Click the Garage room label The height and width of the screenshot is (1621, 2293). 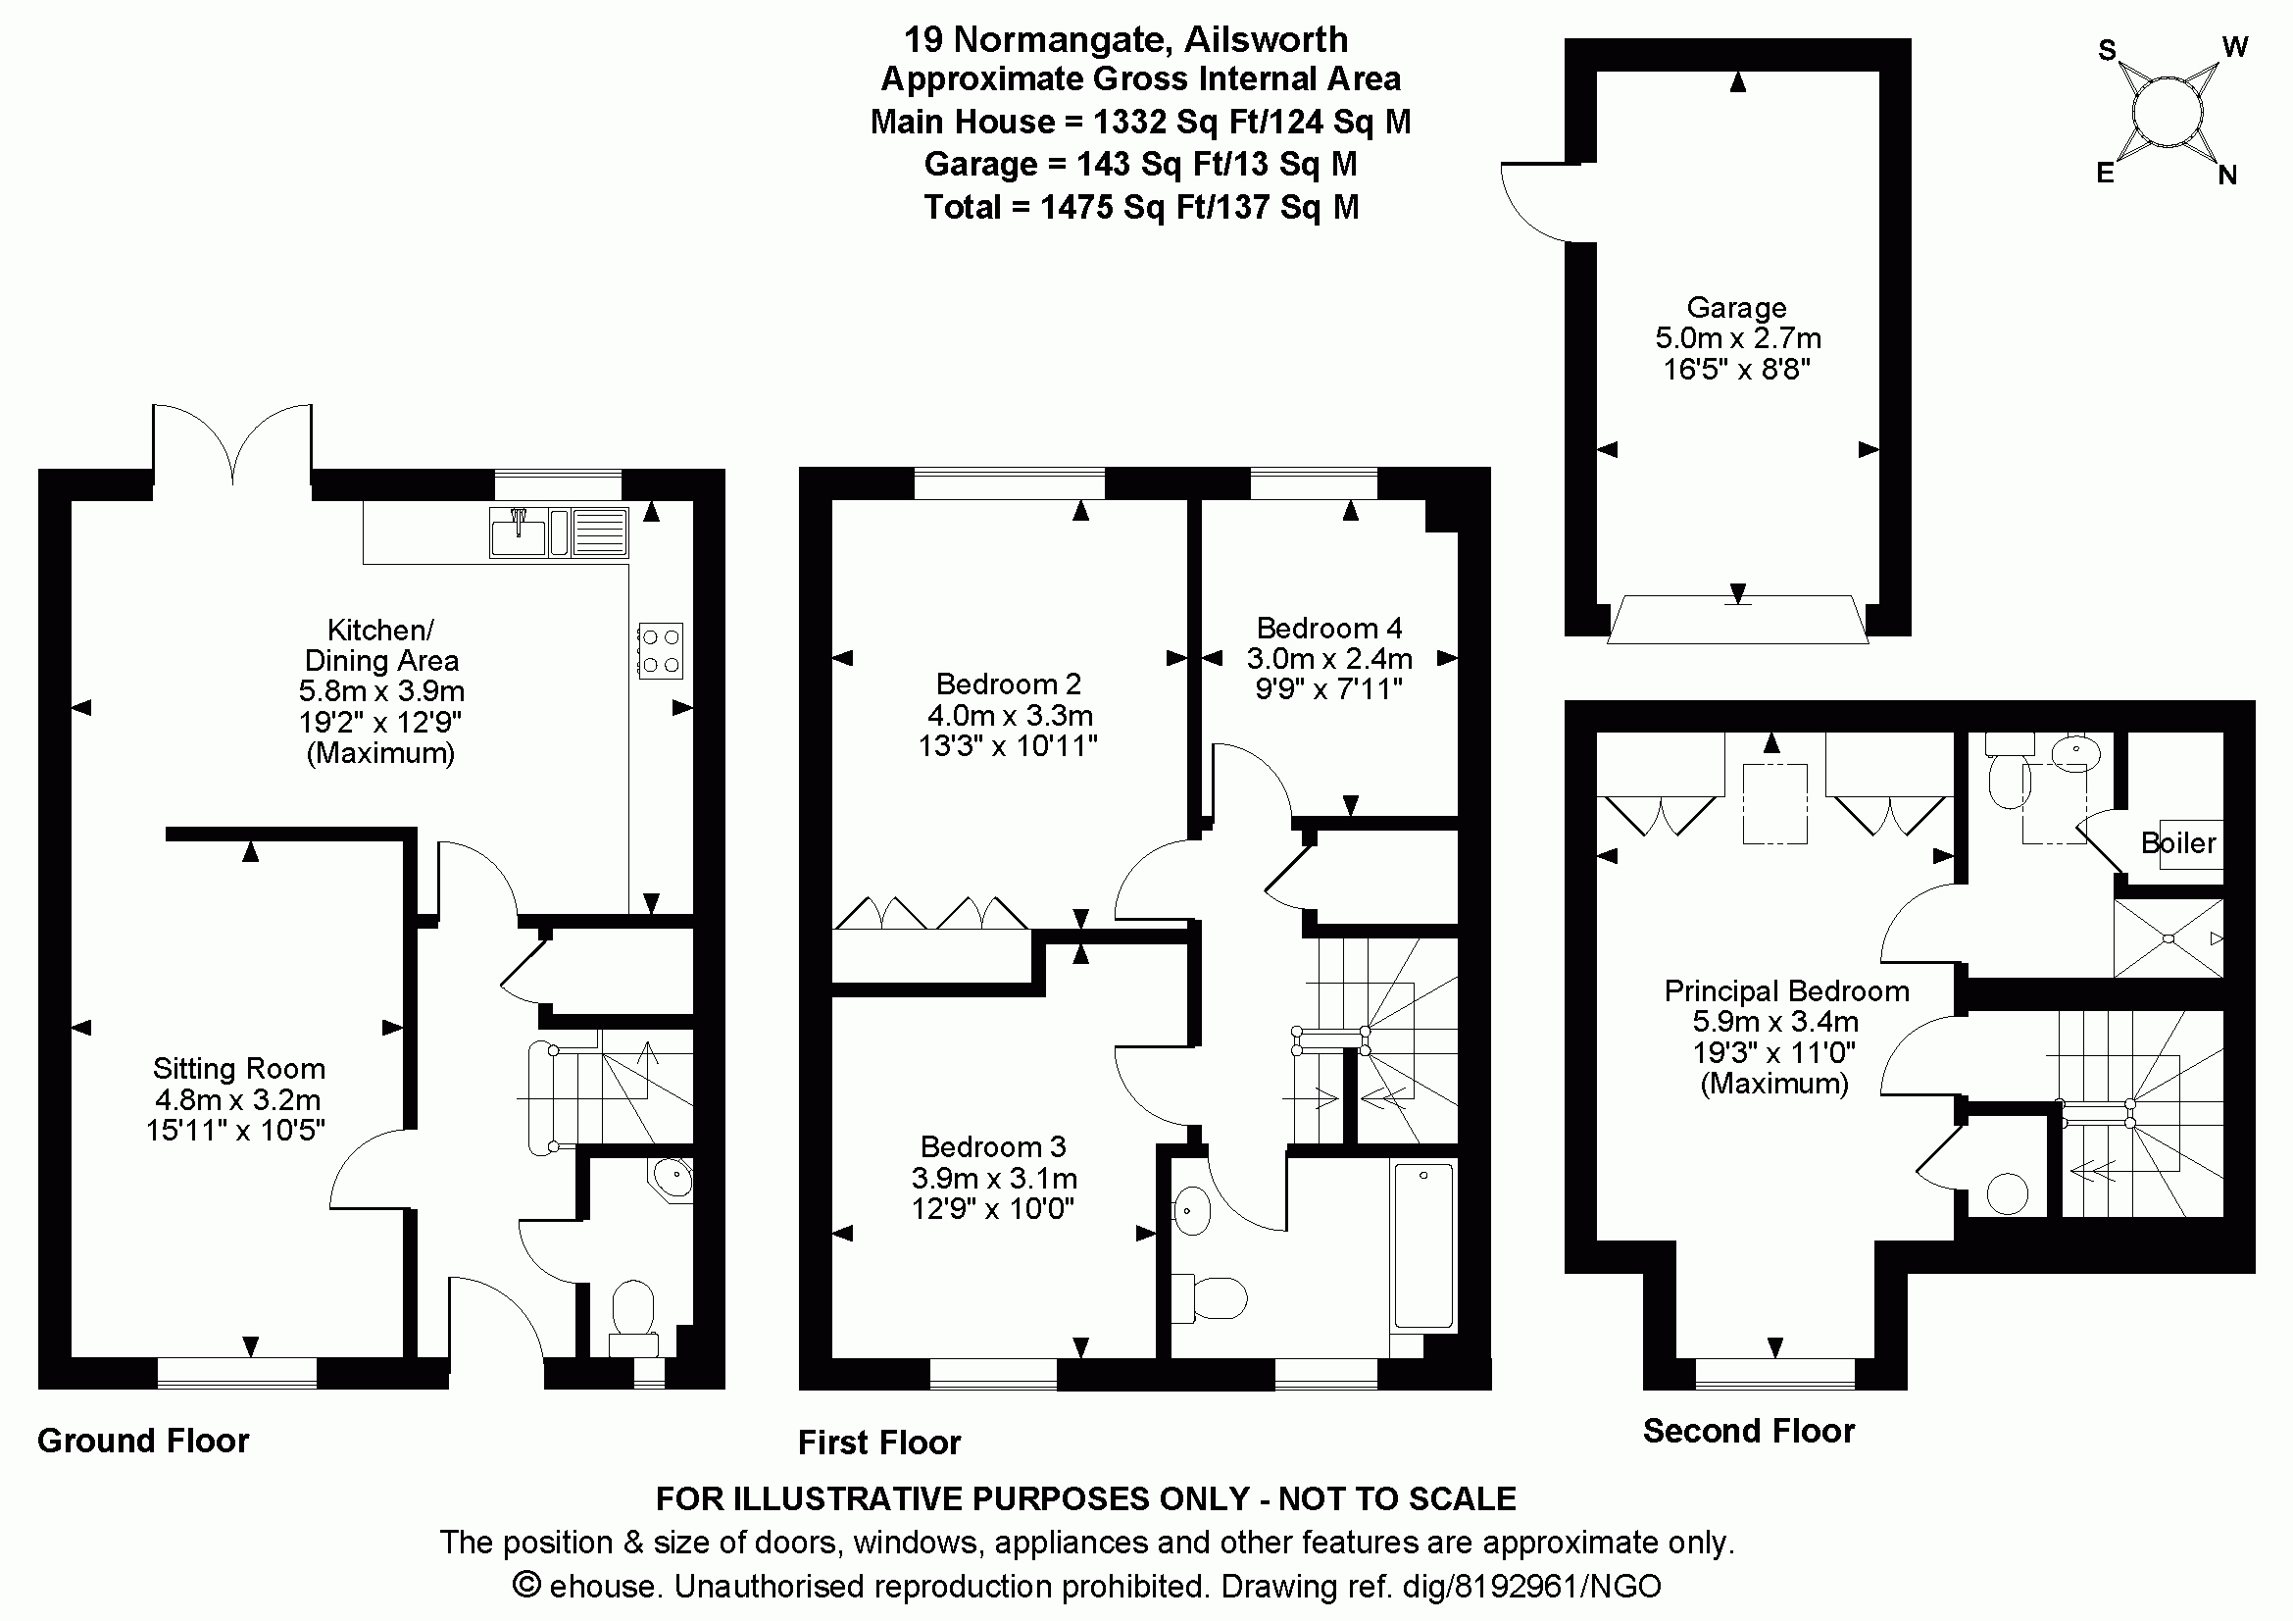(x=1736, y=308)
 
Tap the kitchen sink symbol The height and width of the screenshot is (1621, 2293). (x=518, y=532)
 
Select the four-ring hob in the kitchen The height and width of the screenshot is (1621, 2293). (x=660, y=651)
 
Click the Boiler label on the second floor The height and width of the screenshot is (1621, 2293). (x=2178, y=843)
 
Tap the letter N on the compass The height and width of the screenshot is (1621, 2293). (x=2227, y=176)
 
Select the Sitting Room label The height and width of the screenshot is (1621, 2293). (x=238, y=1069)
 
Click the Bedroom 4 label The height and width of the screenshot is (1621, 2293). (x=1328, y=629)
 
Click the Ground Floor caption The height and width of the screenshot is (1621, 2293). (x=143, y=1441)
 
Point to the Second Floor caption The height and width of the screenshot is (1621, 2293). (x=1748, y=1430)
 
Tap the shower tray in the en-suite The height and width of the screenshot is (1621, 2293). (x=2168, y=938)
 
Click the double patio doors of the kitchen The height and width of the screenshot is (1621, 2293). (x=232, y=444)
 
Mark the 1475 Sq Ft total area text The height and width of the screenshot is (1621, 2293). (x=1140, y=208)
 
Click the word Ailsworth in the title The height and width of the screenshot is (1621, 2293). (x=1266, y=40)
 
